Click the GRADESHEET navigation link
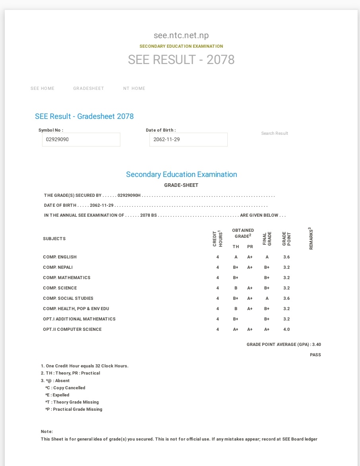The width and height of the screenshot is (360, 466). point(88,88)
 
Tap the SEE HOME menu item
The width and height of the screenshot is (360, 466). point(43,88)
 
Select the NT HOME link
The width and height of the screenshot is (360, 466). point(134,88)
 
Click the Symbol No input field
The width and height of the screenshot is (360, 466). point(81,140)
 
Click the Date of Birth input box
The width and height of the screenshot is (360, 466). point(188,140)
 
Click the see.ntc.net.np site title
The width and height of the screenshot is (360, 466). point(181,36)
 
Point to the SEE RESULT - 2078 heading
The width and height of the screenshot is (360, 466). point(181,60)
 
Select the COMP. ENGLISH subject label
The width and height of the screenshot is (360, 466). point(60,257)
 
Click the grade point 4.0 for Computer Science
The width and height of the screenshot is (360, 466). point(286,329)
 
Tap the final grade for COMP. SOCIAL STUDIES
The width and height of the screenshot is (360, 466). point(267,298)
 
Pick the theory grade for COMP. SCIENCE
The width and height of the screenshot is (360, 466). point(236,288)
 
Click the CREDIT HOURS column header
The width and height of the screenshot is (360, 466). point(217,239)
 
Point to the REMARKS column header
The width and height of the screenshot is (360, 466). point(311,239)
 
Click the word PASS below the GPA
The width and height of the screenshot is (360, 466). point(315,355)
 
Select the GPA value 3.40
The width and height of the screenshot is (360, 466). point(317,344)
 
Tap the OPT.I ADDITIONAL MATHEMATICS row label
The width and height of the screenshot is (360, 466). point(79,319)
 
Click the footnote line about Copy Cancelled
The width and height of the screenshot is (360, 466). point(65,388)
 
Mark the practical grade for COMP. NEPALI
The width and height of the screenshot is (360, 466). point(250,267)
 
